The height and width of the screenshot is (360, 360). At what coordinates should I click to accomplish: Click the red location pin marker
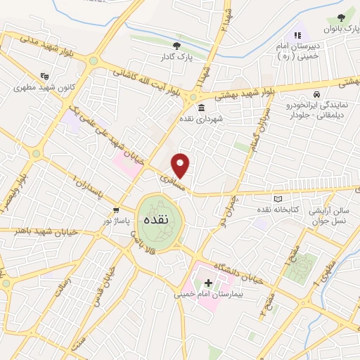[x=181, y=165]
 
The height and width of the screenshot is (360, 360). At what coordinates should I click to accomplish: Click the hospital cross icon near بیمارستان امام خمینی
[x=208, y=282]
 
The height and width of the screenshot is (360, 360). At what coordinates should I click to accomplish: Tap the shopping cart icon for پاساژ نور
[x=116, y=210]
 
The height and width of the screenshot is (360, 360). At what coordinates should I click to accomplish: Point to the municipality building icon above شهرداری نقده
[x=202, y=108]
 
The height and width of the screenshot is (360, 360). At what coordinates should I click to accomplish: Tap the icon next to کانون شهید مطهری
[x=45, y=76]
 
